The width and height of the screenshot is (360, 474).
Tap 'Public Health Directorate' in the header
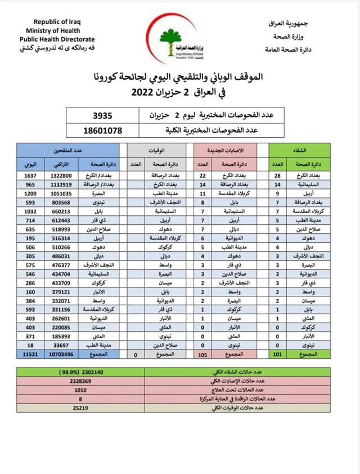(57, 39)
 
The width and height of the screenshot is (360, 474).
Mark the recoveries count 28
(277, 175)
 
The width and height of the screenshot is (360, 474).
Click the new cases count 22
(204, 175)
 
